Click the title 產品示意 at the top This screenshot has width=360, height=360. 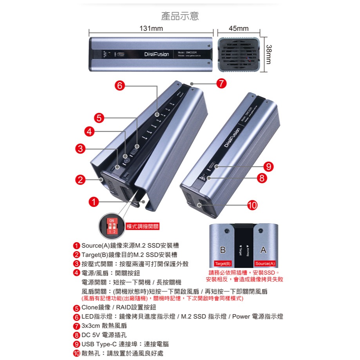click(x=180, y=16)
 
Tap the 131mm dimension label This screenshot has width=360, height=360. click(x=151, y=29)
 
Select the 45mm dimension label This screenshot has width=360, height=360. click(x=239, y=29)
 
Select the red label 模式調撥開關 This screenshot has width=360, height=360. click(x=143, y=227)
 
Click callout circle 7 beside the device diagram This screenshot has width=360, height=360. click(x=221, y=83)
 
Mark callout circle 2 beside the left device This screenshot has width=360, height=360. click(x=80, y=180)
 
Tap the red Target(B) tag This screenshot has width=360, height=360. click(x=223, y=264)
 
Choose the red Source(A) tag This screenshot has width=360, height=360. click(x=265, y=264)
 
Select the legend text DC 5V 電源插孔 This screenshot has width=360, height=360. click(x=105, y=335)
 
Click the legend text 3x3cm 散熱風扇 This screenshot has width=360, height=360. click(x=104, y=326)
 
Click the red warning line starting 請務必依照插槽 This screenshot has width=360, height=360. click(x=244, y=273)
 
